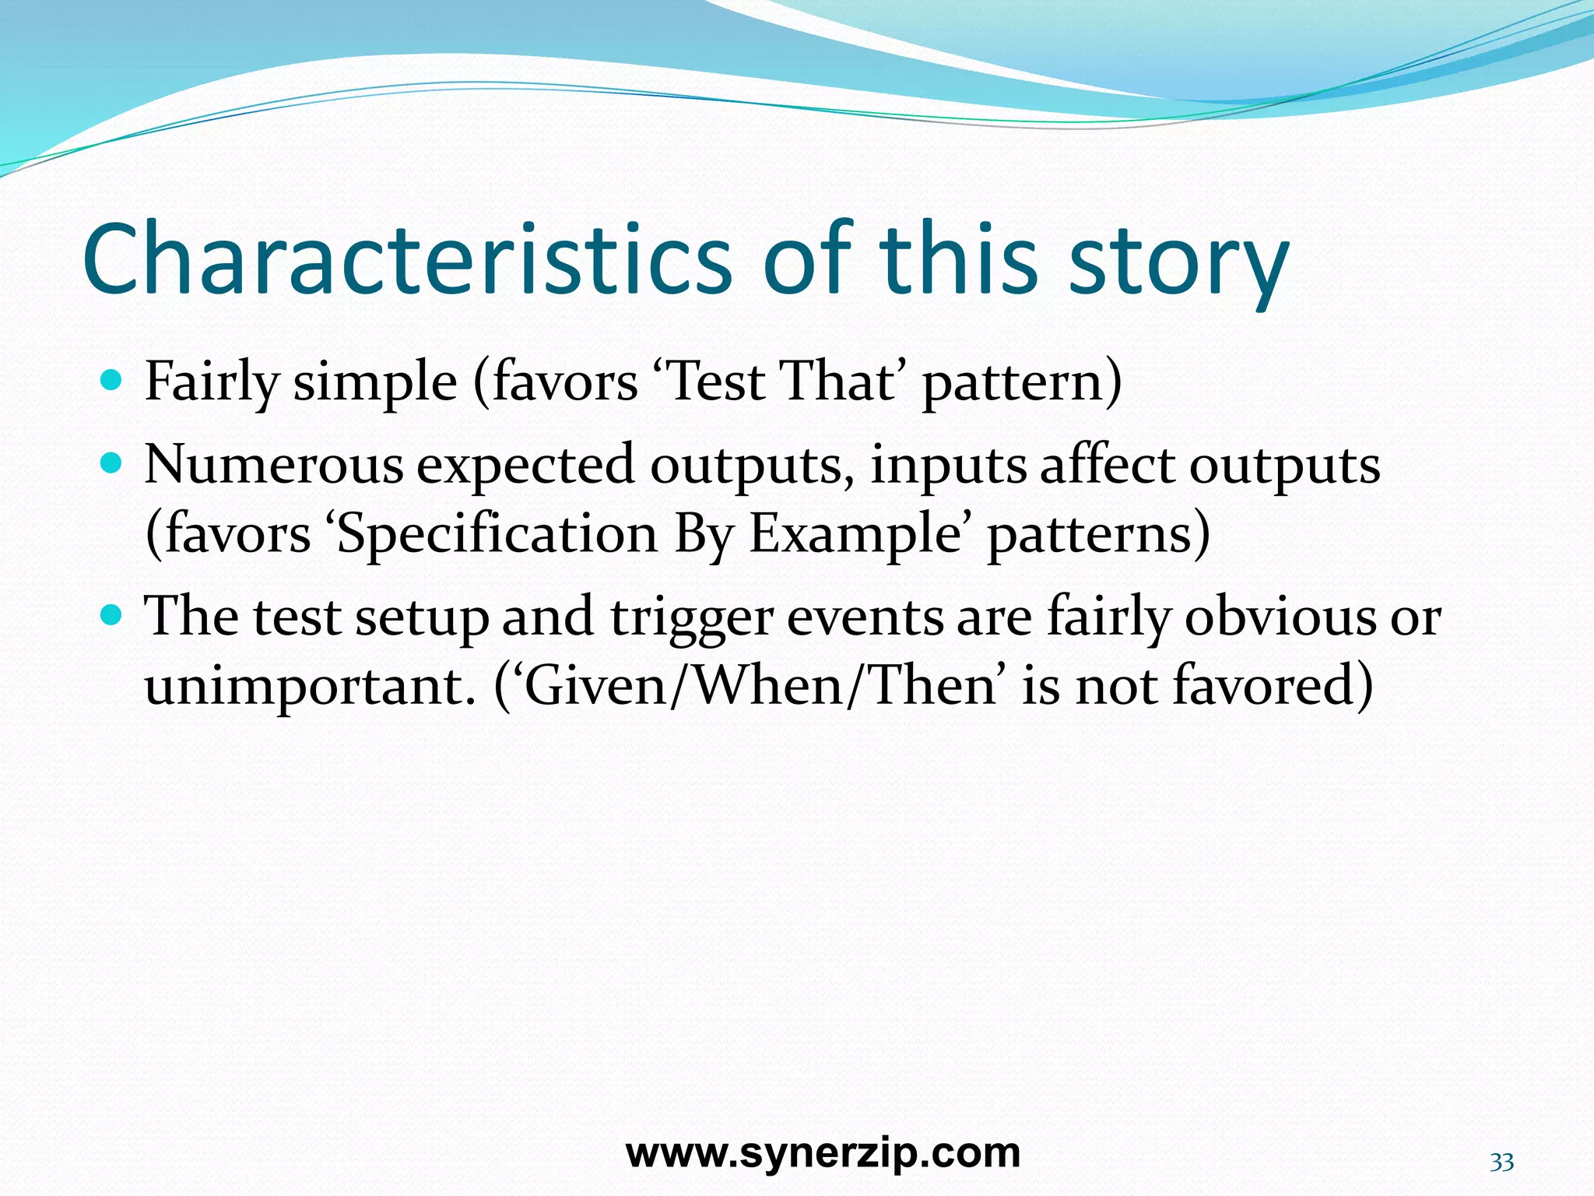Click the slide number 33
pyautogui.click(x=1501, y=1163)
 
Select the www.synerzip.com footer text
pyautogui.click(x=823, y=1152)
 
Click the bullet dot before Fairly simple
pyautogui.click(x=112, y=380)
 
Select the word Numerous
pyautogui.click(x=274, y=465)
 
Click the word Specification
pyautogui.click(x=498, y=536)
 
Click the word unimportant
pyautogui.click(x=310, y=687)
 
